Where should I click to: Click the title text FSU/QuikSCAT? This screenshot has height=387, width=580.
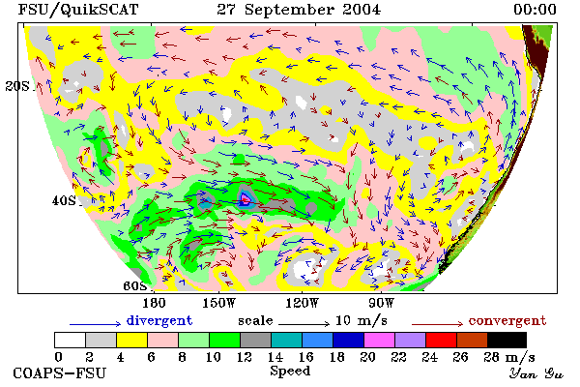[78, 10]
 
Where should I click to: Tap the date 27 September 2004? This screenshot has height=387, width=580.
[299, 10]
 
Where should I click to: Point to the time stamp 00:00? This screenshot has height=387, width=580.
[535, 10]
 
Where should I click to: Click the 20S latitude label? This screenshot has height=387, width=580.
[17, 86]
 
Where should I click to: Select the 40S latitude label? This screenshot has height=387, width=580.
[64, 200]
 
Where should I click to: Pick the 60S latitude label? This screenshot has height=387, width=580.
[135, 286]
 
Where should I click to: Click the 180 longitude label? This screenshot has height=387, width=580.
[154, 303]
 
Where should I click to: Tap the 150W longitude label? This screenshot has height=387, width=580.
[219, 303]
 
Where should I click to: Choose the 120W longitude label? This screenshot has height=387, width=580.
[302, 303]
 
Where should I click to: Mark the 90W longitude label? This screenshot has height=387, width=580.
[382, 303]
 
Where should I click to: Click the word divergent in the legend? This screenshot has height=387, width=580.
[159, 320]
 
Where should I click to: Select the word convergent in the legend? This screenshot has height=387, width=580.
[507, 320]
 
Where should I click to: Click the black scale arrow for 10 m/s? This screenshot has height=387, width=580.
[304, 324]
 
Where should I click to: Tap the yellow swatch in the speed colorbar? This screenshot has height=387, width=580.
[132, 340]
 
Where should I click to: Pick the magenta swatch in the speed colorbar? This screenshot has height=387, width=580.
[379, 340]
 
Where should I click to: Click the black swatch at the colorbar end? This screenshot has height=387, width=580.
[507, 340]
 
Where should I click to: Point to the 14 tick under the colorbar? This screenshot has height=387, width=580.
[275, 357]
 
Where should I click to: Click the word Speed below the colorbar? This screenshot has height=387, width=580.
[290, 372]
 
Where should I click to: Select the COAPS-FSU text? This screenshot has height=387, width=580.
[59, 373]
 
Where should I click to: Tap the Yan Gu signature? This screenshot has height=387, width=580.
[536, 373]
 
